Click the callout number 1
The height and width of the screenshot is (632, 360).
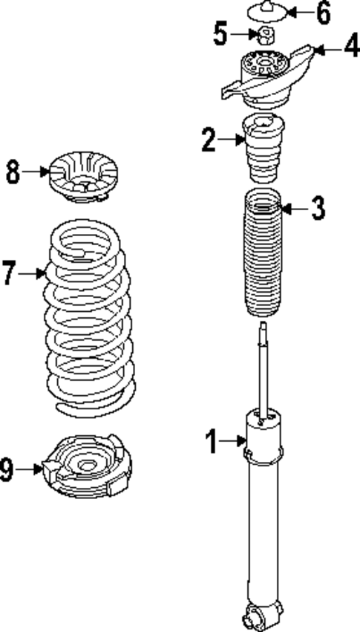coord(212,443)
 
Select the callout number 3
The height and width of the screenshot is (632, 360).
coord(318,209)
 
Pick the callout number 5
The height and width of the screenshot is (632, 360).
coord(220,33)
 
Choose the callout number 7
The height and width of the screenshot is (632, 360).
coord(8,274)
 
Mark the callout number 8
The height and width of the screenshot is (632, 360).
coord(12,172)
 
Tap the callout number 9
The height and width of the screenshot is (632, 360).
coord(7,469)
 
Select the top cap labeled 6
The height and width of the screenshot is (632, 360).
coord(266,13)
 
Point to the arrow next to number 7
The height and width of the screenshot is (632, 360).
coord(32,274)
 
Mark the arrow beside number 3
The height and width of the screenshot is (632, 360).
coord(292,209)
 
